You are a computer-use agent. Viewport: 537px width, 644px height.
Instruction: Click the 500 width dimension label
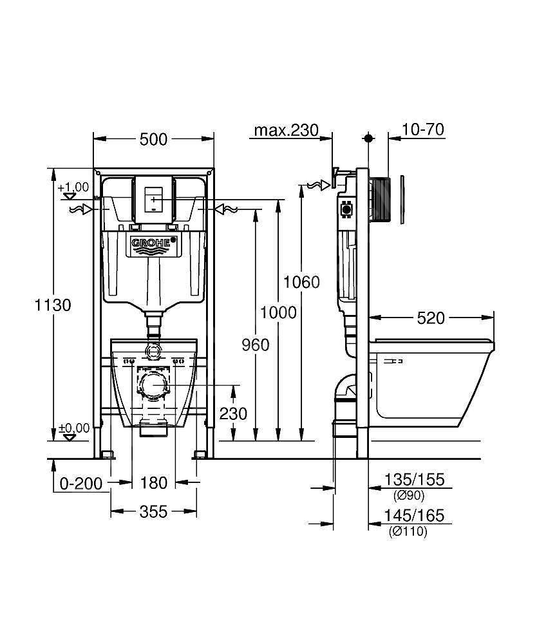point(153,139)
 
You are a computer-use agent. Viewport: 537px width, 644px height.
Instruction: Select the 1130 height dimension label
point(53,305)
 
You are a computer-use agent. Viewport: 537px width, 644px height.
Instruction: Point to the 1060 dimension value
point(301,282)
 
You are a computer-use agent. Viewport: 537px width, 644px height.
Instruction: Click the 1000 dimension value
point(278,312)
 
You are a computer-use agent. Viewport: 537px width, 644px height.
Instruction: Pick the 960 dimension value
point(256,345)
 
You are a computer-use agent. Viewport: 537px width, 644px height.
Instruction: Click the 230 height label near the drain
point(233,413)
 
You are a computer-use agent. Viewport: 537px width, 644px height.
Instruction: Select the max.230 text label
point(286,130)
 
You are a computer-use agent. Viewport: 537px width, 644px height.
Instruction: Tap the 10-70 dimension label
point(423,129)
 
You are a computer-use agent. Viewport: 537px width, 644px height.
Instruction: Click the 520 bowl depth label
point(431,318)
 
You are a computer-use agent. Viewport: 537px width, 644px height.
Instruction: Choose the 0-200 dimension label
point(81,484)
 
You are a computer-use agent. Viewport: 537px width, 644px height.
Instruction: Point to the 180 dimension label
point(153,482)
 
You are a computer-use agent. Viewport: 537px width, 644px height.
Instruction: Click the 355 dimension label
point(153,512)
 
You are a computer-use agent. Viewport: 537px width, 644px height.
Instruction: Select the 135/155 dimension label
point(414,479)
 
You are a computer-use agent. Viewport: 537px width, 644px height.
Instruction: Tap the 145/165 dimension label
point(414,515)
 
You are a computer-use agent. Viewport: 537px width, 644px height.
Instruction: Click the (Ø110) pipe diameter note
point(408,531)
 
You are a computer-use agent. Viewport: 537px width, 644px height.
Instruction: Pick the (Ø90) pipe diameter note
point(408,496)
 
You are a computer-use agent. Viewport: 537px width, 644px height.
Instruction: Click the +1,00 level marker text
point(73,187)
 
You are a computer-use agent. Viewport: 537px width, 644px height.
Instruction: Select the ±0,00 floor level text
point(74,428)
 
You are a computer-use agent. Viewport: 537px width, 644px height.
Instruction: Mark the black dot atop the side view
point(369,138)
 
